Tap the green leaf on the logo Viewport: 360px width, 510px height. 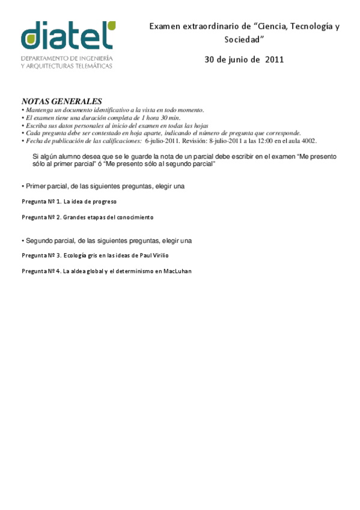click(x=110, y=26)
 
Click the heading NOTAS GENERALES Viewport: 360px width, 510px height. click(x=62, y=102)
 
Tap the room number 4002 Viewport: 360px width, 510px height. click(x=308, y=141)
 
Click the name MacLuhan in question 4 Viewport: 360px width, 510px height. click(x=176, y=271)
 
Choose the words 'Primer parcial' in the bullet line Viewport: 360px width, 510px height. click(x=43, y=186)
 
